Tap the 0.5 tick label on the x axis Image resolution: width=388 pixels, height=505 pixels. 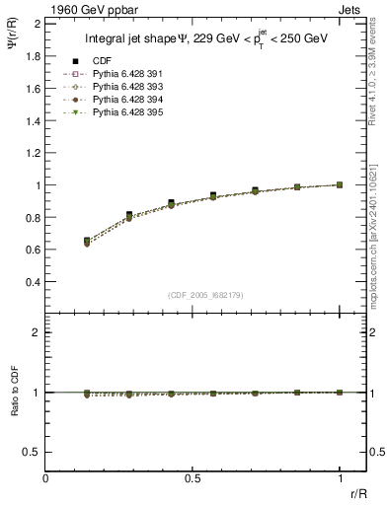(x=193, y=478)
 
